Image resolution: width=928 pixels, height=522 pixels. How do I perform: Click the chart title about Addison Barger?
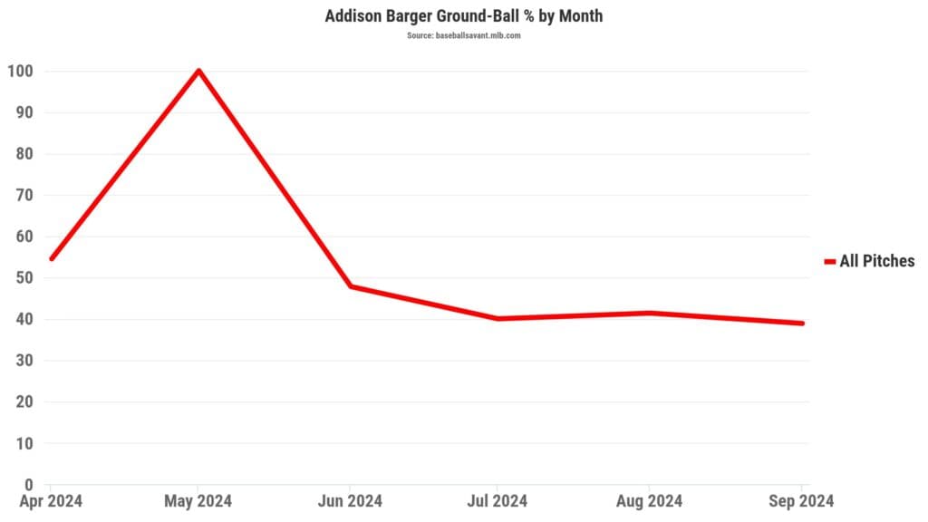coord(463,16)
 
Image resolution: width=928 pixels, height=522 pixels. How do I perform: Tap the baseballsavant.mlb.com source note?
coord(463,35)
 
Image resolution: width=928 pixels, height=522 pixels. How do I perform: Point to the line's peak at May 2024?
coord(198,71)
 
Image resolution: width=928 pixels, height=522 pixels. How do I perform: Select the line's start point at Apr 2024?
coord(51,258)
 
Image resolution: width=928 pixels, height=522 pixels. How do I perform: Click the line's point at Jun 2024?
coord(350,286)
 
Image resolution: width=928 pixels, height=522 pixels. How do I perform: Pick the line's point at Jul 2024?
coord(498,319)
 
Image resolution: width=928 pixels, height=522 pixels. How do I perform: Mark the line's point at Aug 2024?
coord(649,313)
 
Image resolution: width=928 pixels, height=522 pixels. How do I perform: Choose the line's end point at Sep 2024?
coord(802,324)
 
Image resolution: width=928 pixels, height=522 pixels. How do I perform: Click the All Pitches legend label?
coord(877,262)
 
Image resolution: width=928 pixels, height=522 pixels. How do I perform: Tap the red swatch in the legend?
coord(829,262)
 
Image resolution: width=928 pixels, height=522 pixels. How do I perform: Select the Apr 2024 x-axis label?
coord(52,501)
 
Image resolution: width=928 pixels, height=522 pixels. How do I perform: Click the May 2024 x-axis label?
coord(198,501)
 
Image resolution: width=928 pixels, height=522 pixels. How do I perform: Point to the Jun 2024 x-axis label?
coord(350,501)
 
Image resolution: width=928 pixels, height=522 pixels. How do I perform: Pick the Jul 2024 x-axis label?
coord(498,501)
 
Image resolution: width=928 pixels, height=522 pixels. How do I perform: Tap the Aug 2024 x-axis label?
coord(649,501)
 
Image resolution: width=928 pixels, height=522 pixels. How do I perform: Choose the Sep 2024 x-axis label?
coord(800,501)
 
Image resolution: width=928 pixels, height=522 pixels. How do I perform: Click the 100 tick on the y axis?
coord(20,72)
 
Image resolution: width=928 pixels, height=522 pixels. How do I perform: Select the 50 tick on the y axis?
coord(24,278)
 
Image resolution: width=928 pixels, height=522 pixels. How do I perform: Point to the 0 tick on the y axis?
coord(29,485)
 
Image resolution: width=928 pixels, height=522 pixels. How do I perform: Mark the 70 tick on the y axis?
coord(24,196)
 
